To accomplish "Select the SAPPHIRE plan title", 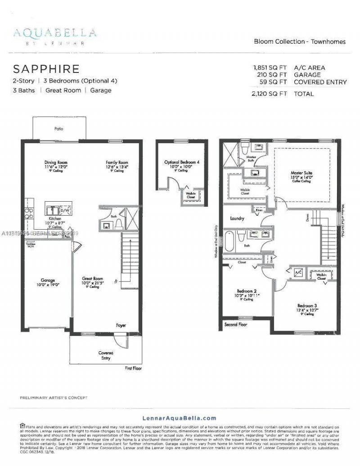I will [46, 69].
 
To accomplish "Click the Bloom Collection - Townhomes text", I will [300, 41].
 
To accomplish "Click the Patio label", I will [59, 129].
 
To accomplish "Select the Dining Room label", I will [56, 163].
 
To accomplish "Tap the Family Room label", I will [117, 163].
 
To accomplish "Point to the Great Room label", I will [92, 279].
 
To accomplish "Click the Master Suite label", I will [301, 172].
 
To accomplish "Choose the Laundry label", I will [237, 218].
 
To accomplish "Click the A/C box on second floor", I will [298, 273].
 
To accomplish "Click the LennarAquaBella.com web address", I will [180, 418].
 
